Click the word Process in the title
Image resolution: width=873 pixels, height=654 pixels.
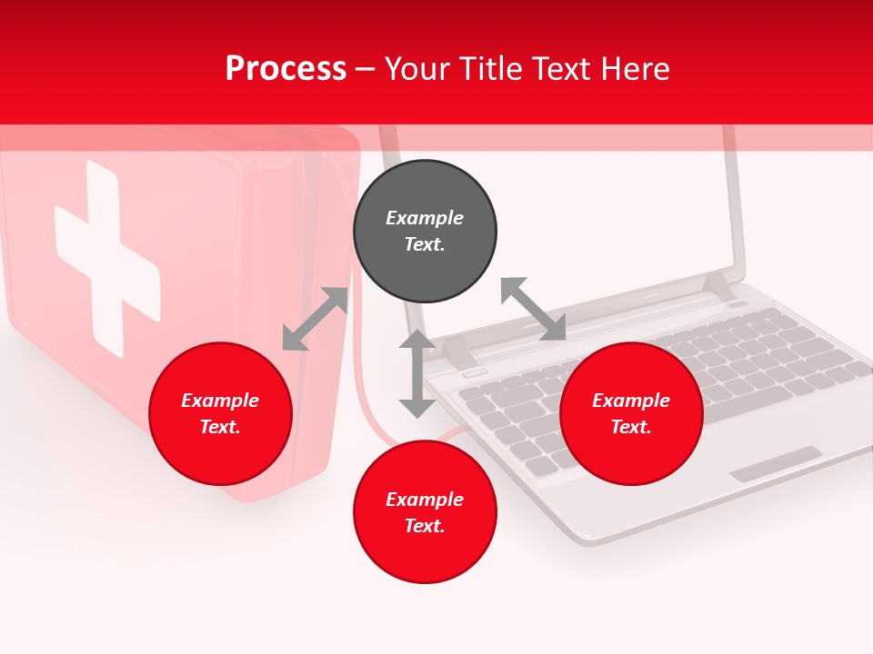[x=286, y=69]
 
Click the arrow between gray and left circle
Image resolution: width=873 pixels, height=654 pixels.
[x=315, y=319]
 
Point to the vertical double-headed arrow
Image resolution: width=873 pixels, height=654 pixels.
[x=417, y=373]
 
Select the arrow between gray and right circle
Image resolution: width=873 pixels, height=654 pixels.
[x=533, y=309]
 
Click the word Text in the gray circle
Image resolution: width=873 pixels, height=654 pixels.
[x=425, y=244]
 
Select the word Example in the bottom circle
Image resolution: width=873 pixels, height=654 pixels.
[x=425, y=499]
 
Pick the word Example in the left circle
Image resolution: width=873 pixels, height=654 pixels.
[x=220, y=400]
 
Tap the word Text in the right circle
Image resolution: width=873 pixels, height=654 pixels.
[x=631, y=427]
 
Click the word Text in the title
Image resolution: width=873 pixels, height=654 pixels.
[x=563, y=69]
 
